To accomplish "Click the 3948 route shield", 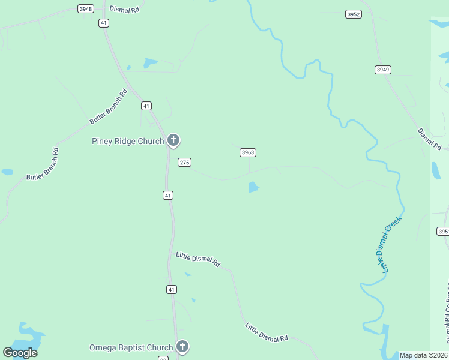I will point(86,8).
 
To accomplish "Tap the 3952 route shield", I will point(353,14).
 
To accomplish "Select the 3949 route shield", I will point(382,70).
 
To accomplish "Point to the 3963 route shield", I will point(248,152).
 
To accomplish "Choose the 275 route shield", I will point(184,162).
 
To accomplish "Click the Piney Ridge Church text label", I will point(127,141).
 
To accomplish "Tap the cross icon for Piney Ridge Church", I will point(173,141).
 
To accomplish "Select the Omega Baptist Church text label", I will point(131,347).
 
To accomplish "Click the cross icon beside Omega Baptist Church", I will point(182,347).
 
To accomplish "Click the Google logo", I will point(20,352).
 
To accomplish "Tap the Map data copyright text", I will point(423,355).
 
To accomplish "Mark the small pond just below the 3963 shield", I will point(253,188).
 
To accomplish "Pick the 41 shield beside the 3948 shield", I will point(104,23).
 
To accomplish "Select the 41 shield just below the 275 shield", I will point(168,195).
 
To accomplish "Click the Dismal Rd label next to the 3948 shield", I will point(124,10).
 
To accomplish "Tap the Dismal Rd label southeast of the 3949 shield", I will point(430,139).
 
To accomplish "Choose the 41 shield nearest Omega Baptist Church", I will point(172,289).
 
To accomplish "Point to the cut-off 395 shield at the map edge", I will point(442,231).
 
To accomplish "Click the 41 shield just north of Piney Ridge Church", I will point(146,106).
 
